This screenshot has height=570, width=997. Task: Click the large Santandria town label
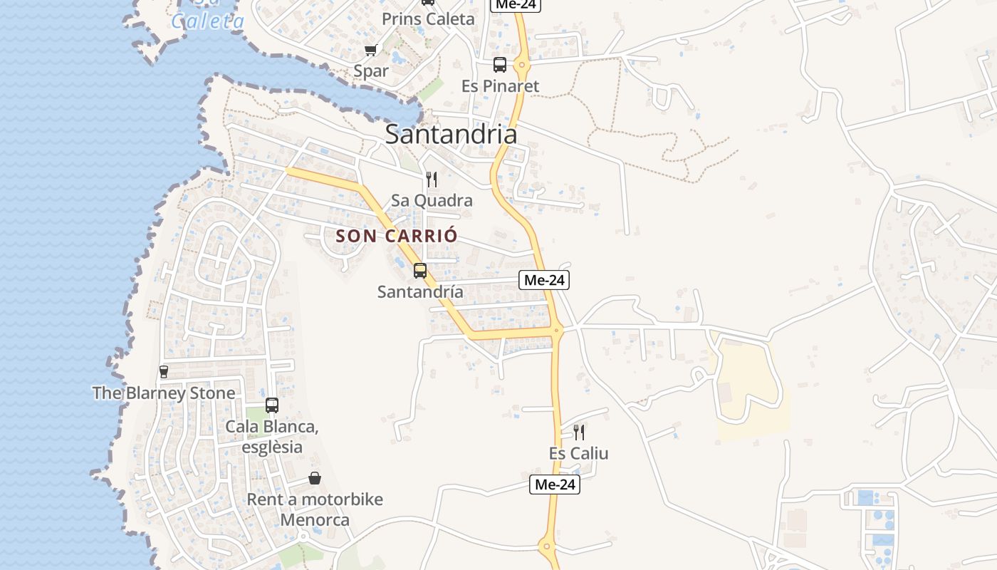(451, 134)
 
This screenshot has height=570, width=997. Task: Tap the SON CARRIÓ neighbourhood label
(396, 236)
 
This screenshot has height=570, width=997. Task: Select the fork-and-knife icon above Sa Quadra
(432, 179)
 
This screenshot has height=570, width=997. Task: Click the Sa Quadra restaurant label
(432, 200)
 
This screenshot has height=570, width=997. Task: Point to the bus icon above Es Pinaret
(500, 65)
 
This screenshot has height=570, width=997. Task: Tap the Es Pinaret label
(500, 86)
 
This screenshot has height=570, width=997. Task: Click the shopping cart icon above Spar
(370, 50)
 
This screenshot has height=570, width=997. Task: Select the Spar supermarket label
(371, 71)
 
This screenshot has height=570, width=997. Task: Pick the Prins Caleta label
(428, 19)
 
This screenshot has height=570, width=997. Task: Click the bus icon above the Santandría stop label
(420, 271)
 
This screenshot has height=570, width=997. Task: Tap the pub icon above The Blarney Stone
(164, 371)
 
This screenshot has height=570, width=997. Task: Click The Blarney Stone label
(164, 393)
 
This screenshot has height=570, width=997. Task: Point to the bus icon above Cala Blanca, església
(271, 405)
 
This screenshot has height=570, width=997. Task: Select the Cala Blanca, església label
(271, 437)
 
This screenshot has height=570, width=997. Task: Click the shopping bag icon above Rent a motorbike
(315, 478)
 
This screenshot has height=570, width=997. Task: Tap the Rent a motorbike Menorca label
(315, 509)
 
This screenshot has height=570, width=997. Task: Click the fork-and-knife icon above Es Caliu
(579, 432)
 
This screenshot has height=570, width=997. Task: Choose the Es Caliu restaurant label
(579, 453)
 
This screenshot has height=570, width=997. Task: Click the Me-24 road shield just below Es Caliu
(555, 484)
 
